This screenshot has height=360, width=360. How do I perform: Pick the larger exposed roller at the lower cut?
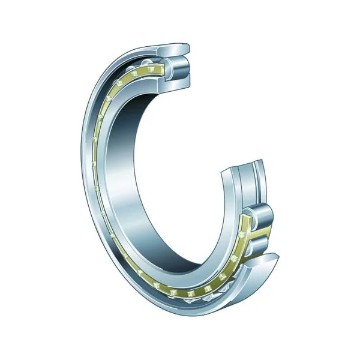[262, 216]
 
